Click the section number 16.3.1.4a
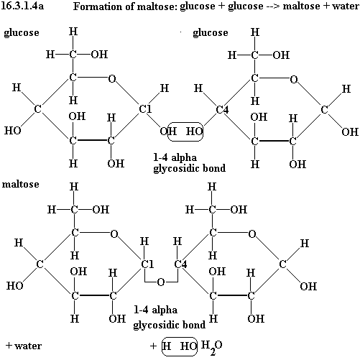[22, 6]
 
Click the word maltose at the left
[21, 184]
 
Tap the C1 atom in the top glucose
[145, 109]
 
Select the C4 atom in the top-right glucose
[222, 110]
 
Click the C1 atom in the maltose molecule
[147, 264]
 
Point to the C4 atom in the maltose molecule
[180, 264]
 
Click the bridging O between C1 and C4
[161, 282]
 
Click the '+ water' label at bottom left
[24, 346]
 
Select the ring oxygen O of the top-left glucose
[112, 78]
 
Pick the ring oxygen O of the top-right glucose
[294, 79]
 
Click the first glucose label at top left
[22, 33]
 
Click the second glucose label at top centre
[211, 33]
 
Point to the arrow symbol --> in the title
[273, 6]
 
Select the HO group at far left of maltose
[14, 286]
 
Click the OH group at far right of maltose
[308, 287]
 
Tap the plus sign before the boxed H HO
[153, 346]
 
